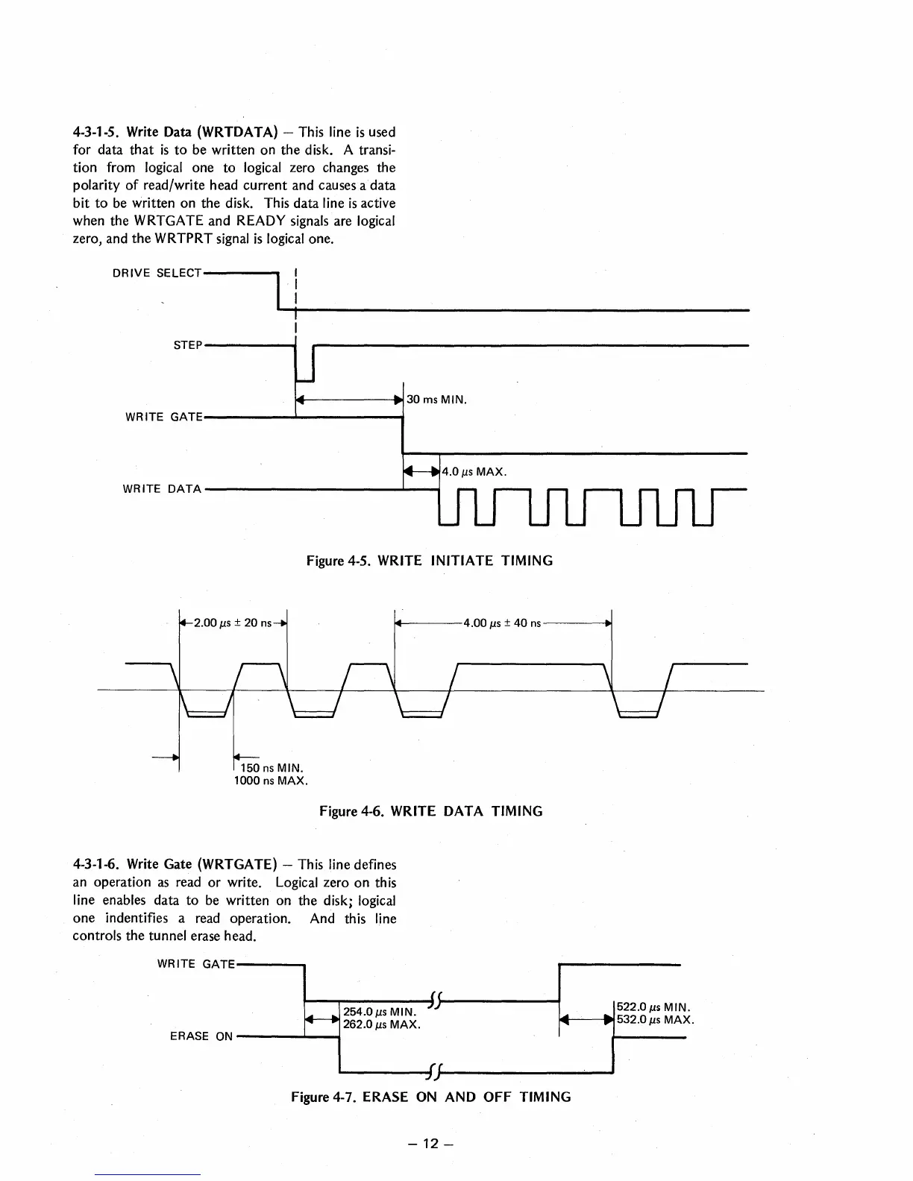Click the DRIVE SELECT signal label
point(157,273)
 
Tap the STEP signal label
point(188,345)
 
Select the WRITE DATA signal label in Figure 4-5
point(162,489)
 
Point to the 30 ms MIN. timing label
point(436,400)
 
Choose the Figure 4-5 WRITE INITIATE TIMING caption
point(430,561)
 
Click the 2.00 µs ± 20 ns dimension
point(233,623)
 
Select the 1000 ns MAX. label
point(271,781)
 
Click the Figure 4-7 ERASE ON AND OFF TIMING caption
point(430,1097)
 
